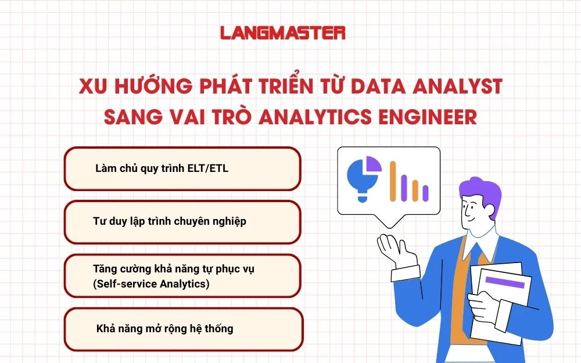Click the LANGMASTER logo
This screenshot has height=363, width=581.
(x=283, y=33)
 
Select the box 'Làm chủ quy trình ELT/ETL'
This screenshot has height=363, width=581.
(x=182, y=168)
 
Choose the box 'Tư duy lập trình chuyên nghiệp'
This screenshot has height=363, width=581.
(x=182, y=222)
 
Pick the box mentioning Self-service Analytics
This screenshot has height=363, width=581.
(x=182, y=275)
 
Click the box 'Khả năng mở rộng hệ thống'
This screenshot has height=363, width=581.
(x=182, y=329)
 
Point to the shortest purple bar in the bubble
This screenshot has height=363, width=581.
(x=425, y=192)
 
